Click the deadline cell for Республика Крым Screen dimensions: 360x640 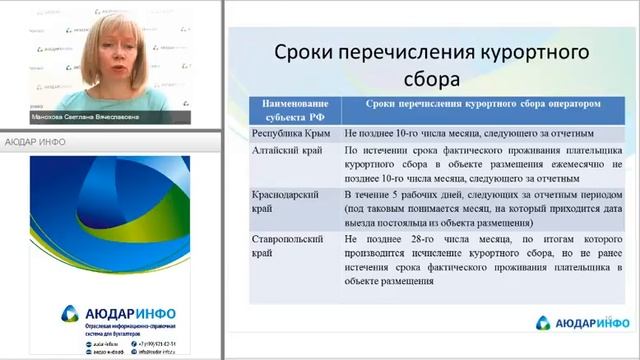tap(469, 132)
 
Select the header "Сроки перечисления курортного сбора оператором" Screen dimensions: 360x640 tap(476, 104)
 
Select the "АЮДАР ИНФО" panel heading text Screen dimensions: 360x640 tap(36, 141)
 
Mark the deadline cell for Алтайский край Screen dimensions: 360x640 tap(469, 161)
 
